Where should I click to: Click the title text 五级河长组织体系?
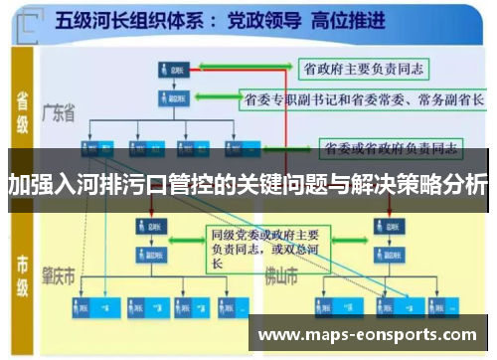(x=120, y=19)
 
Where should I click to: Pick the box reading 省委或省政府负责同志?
(x=391, y=148)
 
